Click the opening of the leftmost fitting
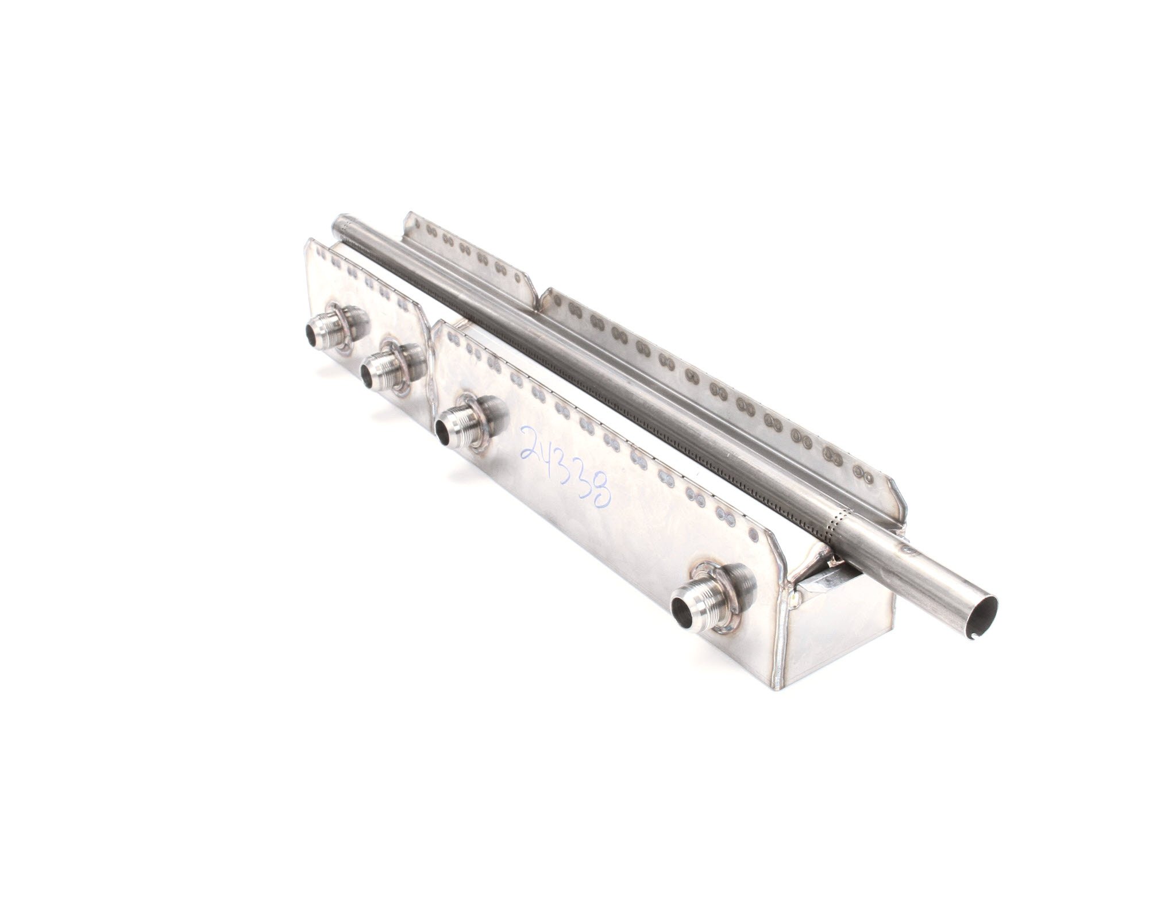(313, 331)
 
